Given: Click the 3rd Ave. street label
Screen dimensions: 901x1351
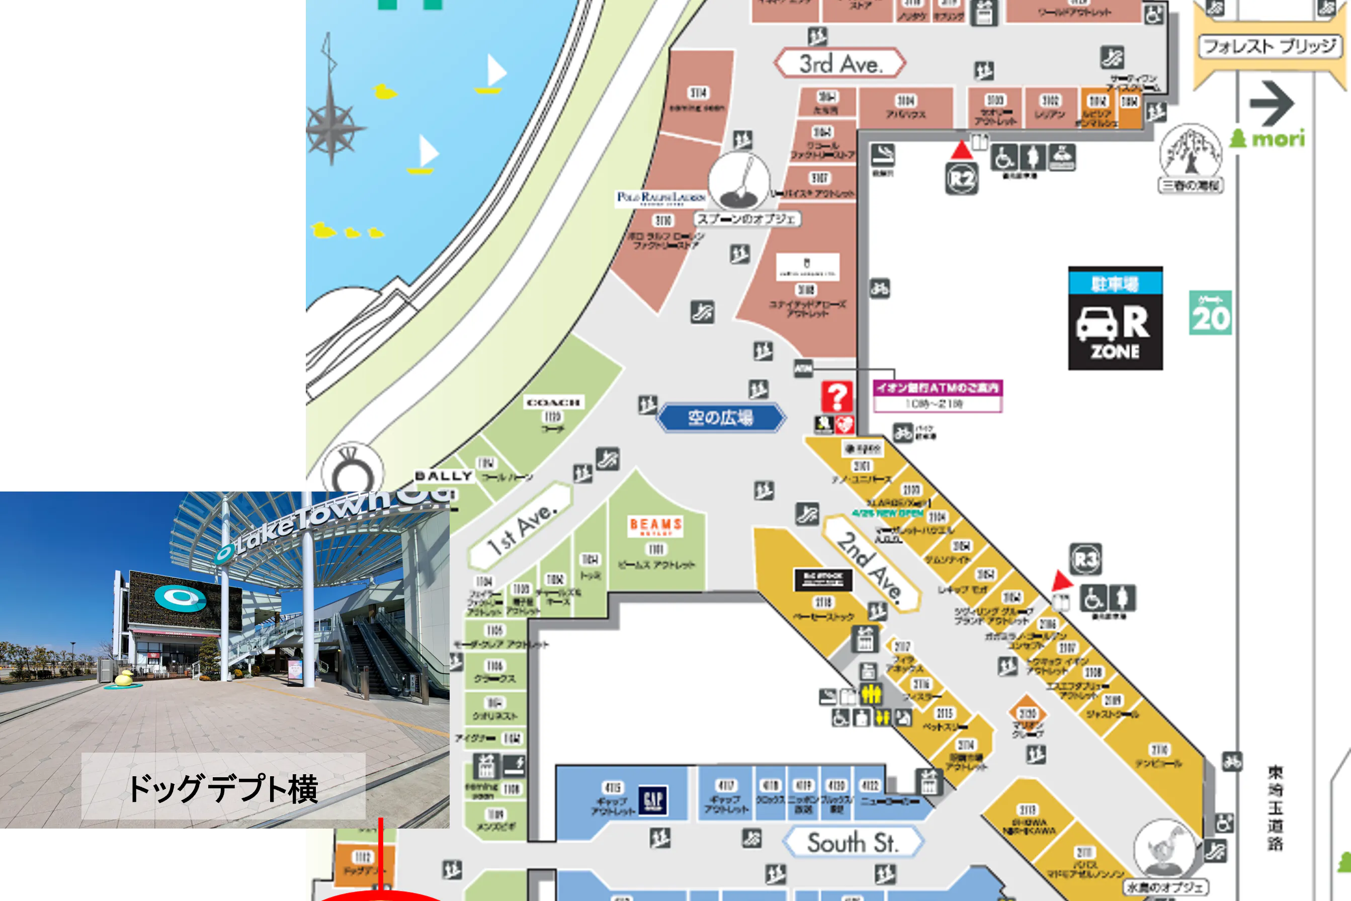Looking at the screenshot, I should [840, 63].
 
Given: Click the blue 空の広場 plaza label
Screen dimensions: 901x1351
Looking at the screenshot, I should [720, 417].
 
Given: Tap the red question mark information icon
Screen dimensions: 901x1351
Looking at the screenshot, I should [837, 396].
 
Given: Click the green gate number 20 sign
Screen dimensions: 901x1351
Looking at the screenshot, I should [1210, 313].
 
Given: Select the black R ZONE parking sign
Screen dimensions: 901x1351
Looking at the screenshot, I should [1115, 319].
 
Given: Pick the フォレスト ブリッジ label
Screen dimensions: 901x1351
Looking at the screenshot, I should [1270, 46].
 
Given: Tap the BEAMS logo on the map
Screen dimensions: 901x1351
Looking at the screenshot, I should [656, 526].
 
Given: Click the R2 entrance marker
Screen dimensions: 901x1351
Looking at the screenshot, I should [962, 179].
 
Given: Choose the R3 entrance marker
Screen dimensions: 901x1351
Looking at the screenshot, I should [1085, 559].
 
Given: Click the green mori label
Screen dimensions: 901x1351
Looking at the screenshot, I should [1269, 138].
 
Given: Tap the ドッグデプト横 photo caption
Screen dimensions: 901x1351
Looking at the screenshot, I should [223, 787].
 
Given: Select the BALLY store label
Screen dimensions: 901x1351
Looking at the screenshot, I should [444, 476].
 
